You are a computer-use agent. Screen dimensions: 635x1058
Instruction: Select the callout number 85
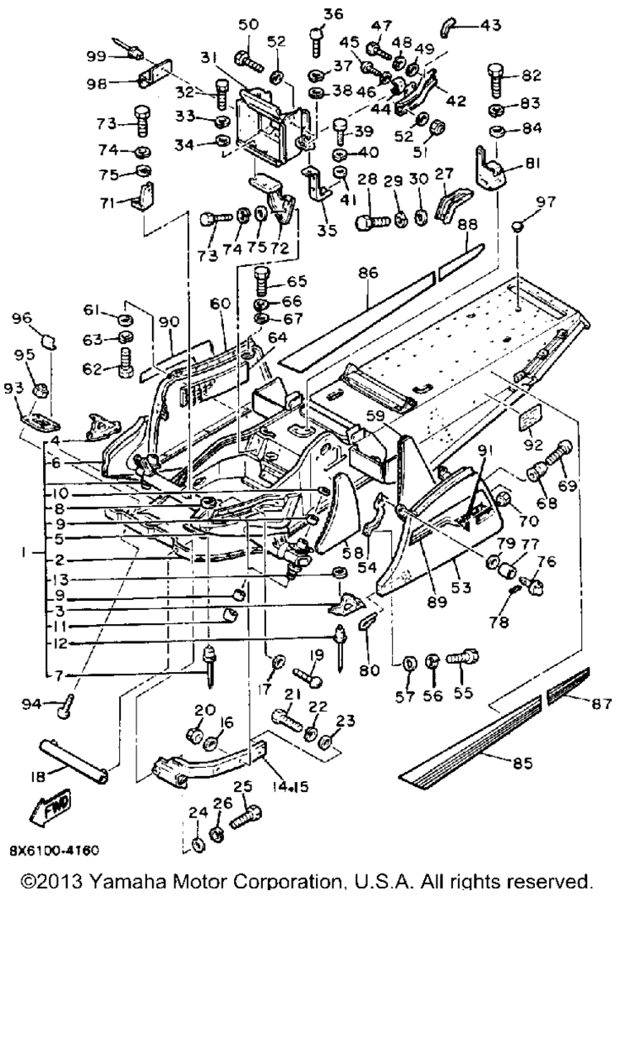coord(522,763)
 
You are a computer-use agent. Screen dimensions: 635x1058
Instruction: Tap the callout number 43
coord(490,25)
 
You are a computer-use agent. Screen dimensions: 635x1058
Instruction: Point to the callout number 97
coord(545,203)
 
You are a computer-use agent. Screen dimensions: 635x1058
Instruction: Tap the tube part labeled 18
coord(74,761)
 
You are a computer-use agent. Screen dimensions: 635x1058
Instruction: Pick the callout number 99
coord(97,56)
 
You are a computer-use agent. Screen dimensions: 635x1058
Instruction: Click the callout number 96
coord(22,318)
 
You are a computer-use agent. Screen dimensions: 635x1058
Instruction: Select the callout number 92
coord(532,445)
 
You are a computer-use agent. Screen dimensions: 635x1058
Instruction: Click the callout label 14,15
coord(290,786)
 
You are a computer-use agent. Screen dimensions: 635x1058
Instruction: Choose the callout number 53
coord(461,587)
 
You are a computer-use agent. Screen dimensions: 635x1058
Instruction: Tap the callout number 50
coord(249,25)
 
